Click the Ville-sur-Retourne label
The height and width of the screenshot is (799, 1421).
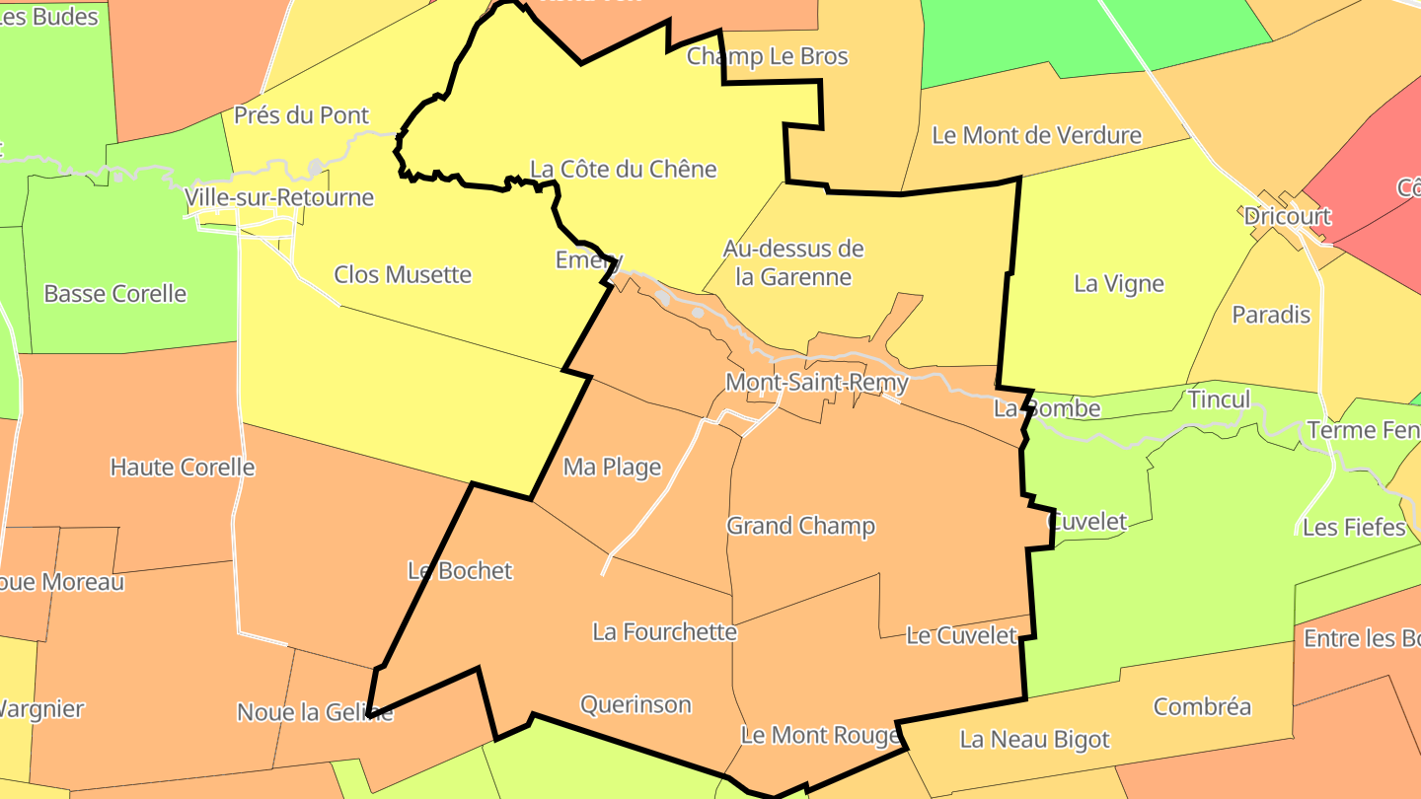pos(279,197)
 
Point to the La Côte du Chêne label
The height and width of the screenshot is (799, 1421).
pos(624,169)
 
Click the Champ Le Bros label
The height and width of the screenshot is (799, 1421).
pos(767,56)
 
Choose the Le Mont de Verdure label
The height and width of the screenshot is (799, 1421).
pos(1036,135)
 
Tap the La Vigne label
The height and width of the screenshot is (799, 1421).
pos(1119,284)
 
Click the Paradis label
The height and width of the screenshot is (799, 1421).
pos(1271,315)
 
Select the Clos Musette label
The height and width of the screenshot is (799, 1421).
pos(403,274)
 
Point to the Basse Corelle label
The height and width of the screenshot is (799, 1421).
pos(115,293)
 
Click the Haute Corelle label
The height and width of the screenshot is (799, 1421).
pos(183,467)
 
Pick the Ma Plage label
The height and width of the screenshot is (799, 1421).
pos(612,467)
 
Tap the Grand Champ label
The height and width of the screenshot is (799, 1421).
pos(800,526)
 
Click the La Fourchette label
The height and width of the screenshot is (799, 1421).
pos(664,631)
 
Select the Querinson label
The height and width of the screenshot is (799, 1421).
pos(636,704)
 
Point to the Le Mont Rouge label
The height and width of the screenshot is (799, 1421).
pos(820,735)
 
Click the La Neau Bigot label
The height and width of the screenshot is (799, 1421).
pos(1034,739)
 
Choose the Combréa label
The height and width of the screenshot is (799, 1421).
pos(1202,706)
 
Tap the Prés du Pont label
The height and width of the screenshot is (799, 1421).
pos(301,115)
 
